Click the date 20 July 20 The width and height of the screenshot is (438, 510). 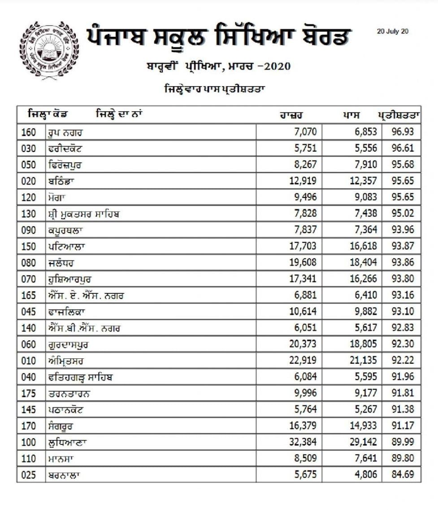click(x=393, y=31)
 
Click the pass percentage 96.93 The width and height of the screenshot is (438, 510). click(x=402, y=132)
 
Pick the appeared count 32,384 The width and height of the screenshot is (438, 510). click(x=301, y=442)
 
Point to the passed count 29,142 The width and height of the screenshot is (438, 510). click(x=362, y=442)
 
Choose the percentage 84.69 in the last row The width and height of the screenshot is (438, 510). click(x=402, y=474)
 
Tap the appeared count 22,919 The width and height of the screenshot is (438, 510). click(x=301, y=360)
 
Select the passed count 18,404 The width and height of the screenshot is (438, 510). click(x=362, y=262)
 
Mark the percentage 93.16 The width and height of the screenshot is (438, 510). click(x=402, y=295)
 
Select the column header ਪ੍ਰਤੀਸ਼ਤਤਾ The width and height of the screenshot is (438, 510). click(x=398, y=114)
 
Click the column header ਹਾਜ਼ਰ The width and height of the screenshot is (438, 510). click(x=290, y=114)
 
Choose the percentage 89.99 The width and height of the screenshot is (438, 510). click(x=402, y=442)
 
